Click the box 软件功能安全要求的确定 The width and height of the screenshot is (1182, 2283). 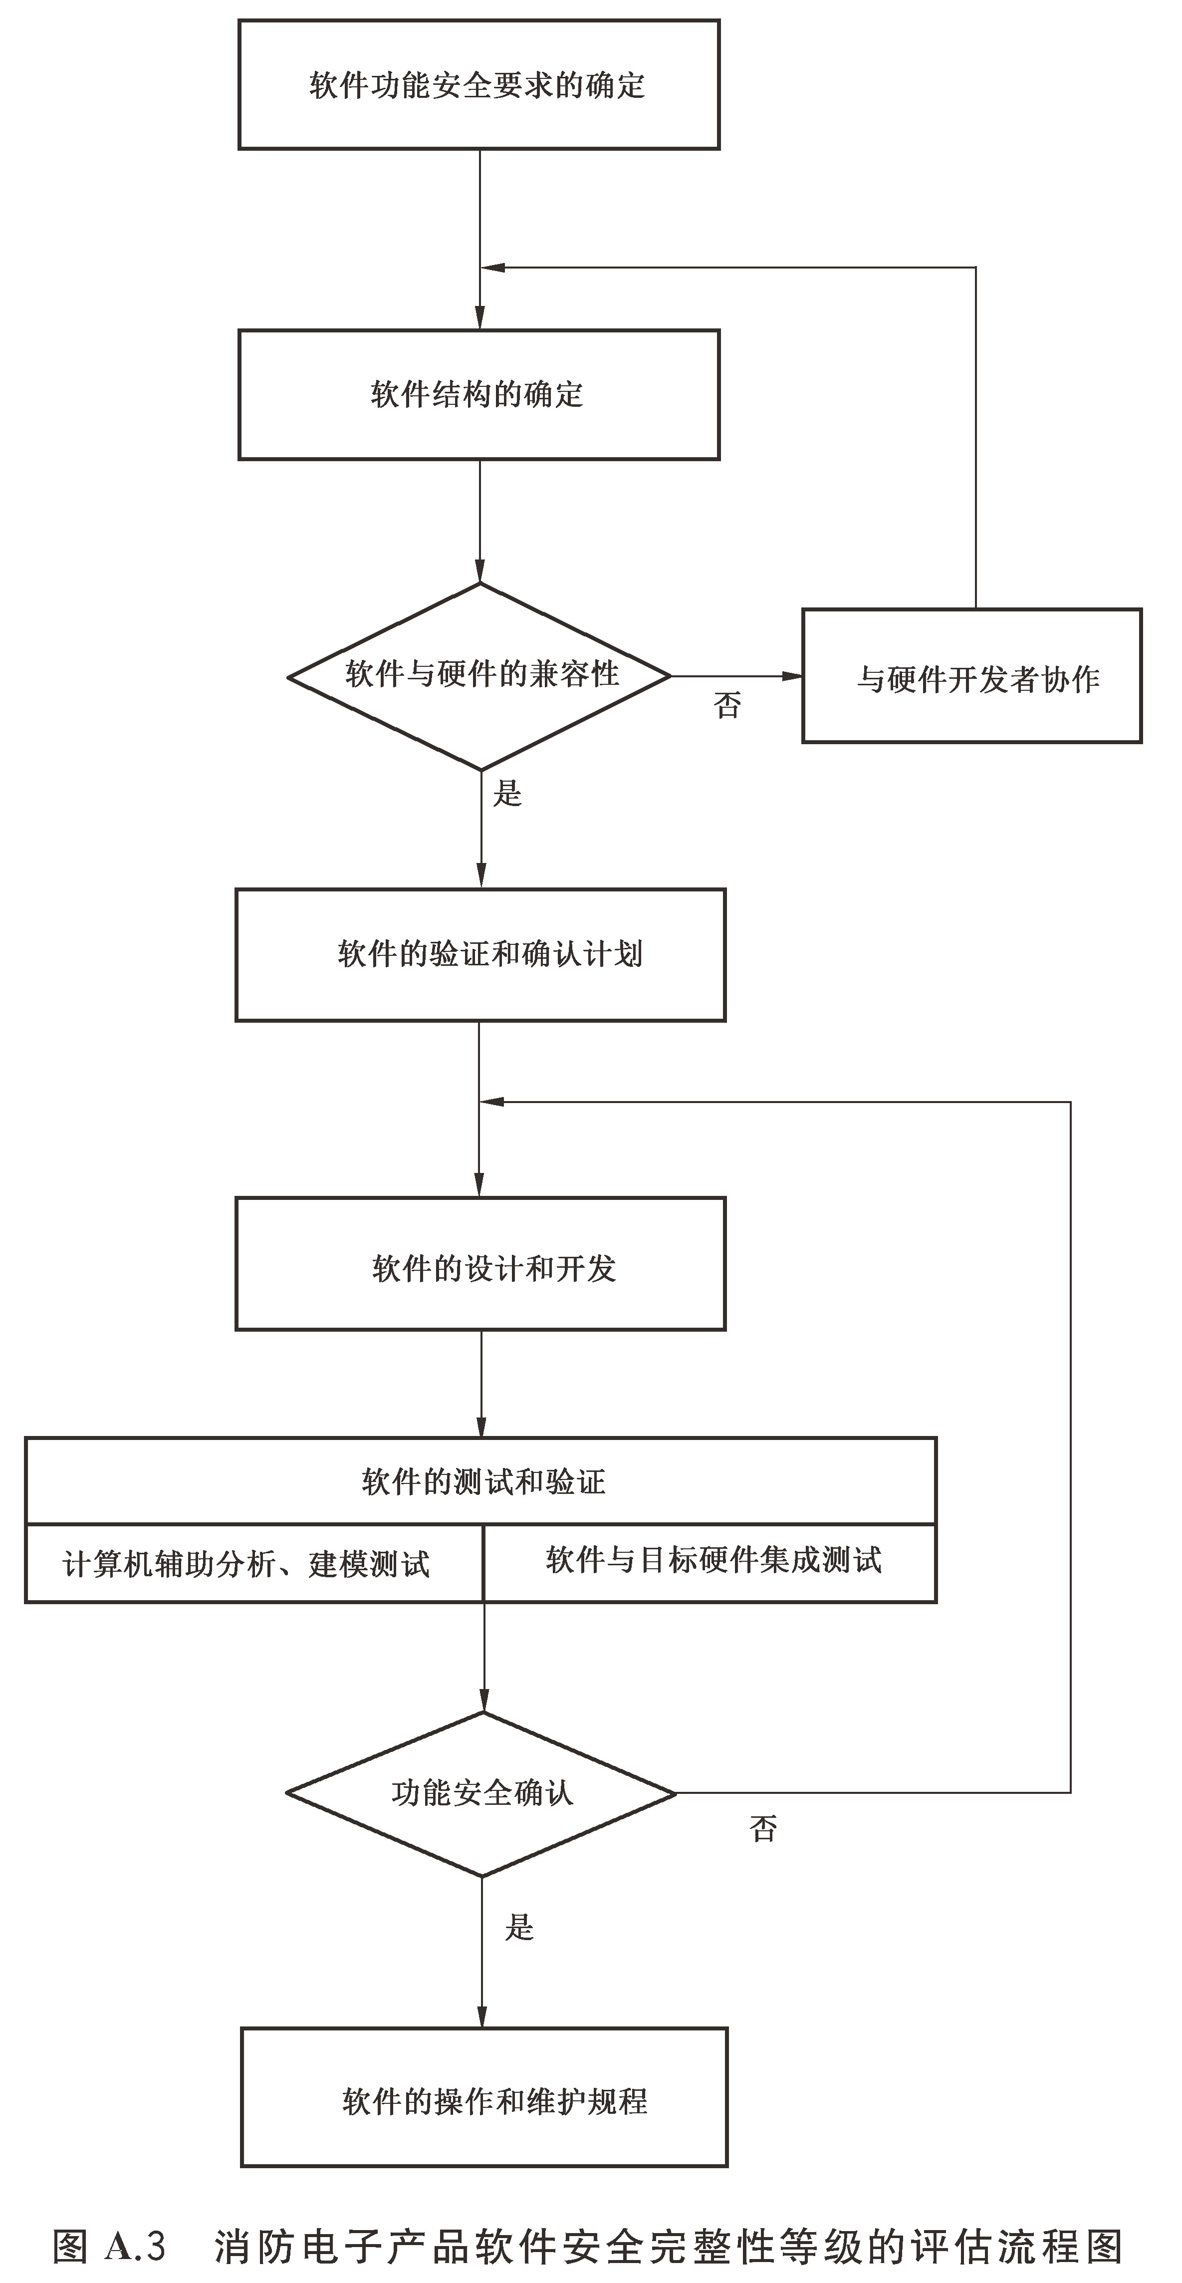[478, 85]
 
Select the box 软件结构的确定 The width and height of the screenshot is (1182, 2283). [478, 394]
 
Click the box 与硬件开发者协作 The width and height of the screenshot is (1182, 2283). [972, 676]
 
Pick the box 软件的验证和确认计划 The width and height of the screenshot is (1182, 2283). [480, 954]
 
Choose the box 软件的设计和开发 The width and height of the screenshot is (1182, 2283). [480, 1264]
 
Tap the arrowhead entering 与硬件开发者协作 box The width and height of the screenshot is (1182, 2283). [792, 676]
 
